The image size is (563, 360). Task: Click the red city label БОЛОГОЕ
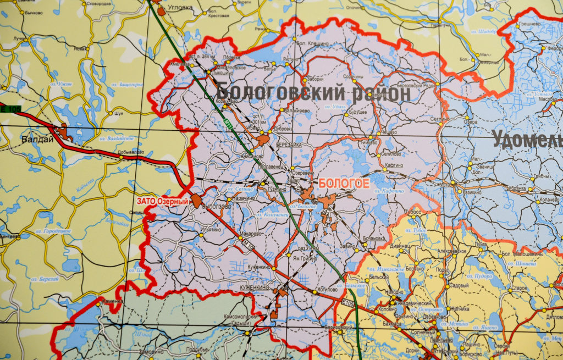344,184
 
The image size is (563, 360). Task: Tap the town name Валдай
38,139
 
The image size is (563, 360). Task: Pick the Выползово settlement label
219,207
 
